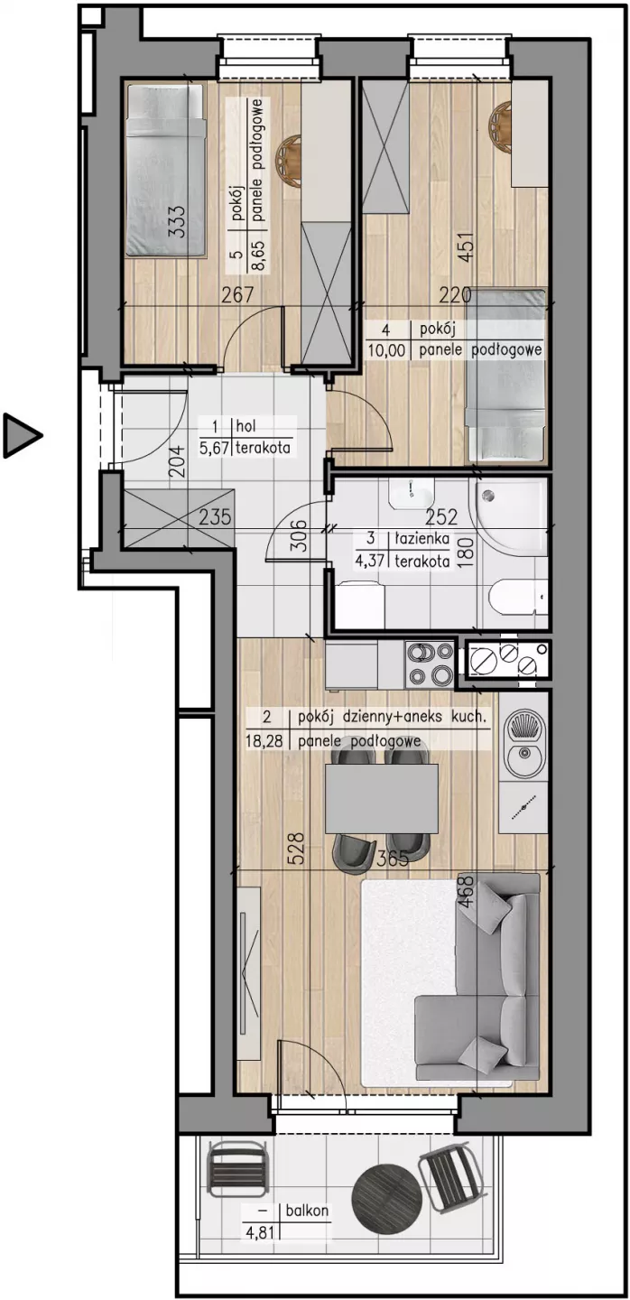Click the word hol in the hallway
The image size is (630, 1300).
point(246,426)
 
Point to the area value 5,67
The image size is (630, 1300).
point(215,448)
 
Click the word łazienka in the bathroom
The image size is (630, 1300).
point(422,538)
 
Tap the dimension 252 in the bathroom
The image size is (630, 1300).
point(441,516)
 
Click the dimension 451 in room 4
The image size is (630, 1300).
point(467,247)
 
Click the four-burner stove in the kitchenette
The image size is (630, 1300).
point(430,664)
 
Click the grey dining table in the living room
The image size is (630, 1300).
point(381,799)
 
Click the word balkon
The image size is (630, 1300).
point(307,1211)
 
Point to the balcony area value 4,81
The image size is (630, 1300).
point(259,1232)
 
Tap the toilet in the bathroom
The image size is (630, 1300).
point(518,599)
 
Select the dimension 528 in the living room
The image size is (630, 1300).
point(296,849)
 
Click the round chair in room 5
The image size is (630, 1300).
point(288,161)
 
